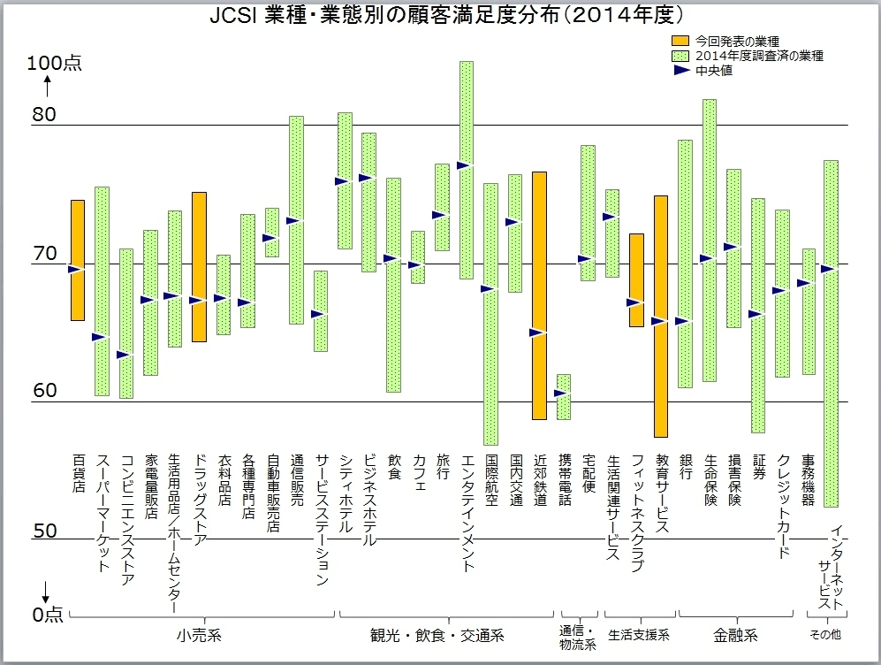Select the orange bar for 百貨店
(x=78, y=260)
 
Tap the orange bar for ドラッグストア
(x=199, y=266)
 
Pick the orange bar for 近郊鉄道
(x=539, y=295)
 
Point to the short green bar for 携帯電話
(x=563, y=397)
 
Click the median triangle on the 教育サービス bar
(x=658, y=321)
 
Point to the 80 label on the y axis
(x=44, y=115)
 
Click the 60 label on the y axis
(x=44, y=392)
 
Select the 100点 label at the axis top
(x=55, y=64)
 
